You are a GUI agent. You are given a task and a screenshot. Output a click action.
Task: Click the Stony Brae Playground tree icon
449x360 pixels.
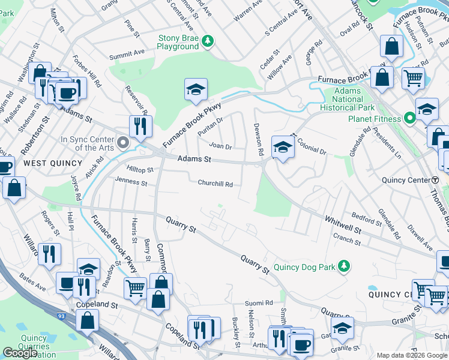tap(208, 41)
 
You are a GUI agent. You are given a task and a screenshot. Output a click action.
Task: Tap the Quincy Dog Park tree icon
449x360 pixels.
tap(343, 266)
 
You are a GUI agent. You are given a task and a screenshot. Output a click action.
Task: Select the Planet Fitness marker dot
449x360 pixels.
tap(410, 118)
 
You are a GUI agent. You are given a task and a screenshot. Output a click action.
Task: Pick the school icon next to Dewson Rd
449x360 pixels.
tap(283, 146)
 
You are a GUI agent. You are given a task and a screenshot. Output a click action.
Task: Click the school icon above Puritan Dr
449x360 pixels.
tap(196, 89)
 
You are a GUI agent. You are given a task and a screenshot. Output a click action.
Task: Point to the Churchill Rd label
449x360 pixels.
tap(216, 184)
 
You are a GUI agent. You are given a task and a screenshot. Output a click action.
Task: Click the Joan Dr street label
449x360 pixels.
tap(220, 146)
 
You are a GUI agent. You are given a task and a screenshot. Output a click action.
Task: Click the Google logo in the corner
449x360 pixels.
tap(20, 353)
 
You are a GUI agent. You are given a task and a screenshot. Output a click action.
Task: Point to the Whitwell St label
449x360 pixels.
tap(343, 225)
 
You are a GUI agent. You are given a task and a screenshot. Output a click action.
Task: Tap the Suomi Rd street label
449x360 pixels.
tap(259, 304)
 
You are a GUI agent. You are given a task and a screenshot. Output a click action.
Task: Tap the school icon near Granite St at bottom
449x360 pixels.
tap(342, 328)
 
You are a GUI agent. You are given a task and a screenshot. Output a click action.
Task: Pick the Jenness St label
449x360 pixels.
tap(131, 181)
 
